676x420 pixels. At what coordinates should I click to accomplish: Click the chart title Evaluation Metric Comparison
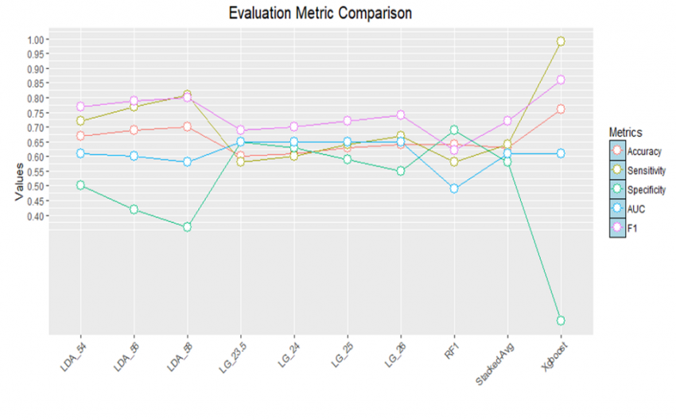point(321,14)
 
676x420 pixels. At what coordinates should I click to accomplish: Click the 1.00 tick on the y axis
point(38,40)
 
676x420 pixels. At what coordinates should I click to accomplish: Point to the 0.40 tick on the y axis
point(38,216)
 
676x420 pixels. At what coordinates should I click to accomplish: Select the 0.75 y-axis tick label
point(38,113)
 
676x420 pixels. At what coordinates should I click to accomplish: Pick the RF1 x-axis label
point(450,356)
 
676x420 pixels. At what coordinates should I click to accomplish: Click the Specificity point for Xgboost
point(561,321)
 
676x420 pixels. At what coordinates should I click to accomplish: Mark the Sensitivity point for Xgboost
point(561,41)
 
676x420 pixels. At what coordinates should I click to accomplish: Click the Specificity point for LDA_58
point(187,227)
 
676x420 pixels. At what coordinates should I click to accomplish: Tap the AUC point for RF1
point(453,189)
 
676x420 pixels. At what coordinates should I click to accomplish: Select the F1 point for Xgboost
point(561,80)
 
